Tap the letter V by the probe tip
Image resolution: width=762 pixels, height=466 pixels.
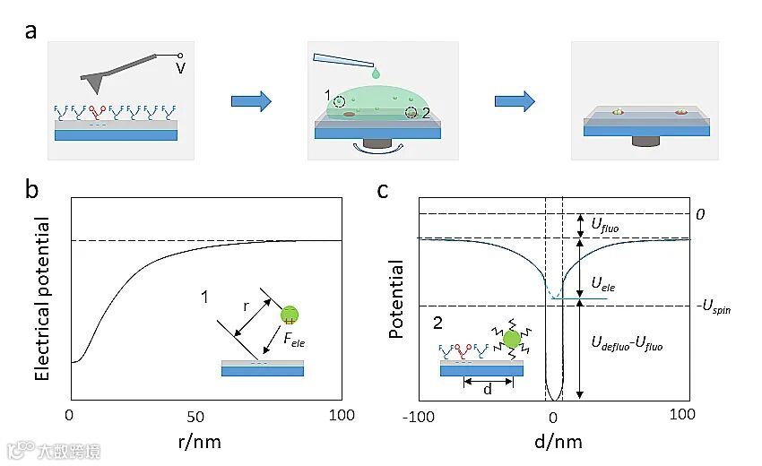point(181,65)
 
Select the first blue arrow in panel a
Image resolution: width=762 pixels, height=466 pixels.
point(251,101)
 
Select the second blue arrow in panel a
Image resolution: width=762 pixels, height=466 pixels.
point(514,101)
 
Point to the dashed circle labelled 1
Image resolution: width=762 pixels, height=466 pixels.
point(340,101)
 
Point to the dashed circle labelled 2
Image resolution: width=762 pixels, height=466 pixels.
point(411,112)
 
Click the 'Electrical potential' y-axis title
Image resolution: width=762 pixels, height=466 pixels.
point(41,298)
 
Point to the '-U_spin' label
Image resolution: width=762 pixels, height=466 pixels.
point(712,307)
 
